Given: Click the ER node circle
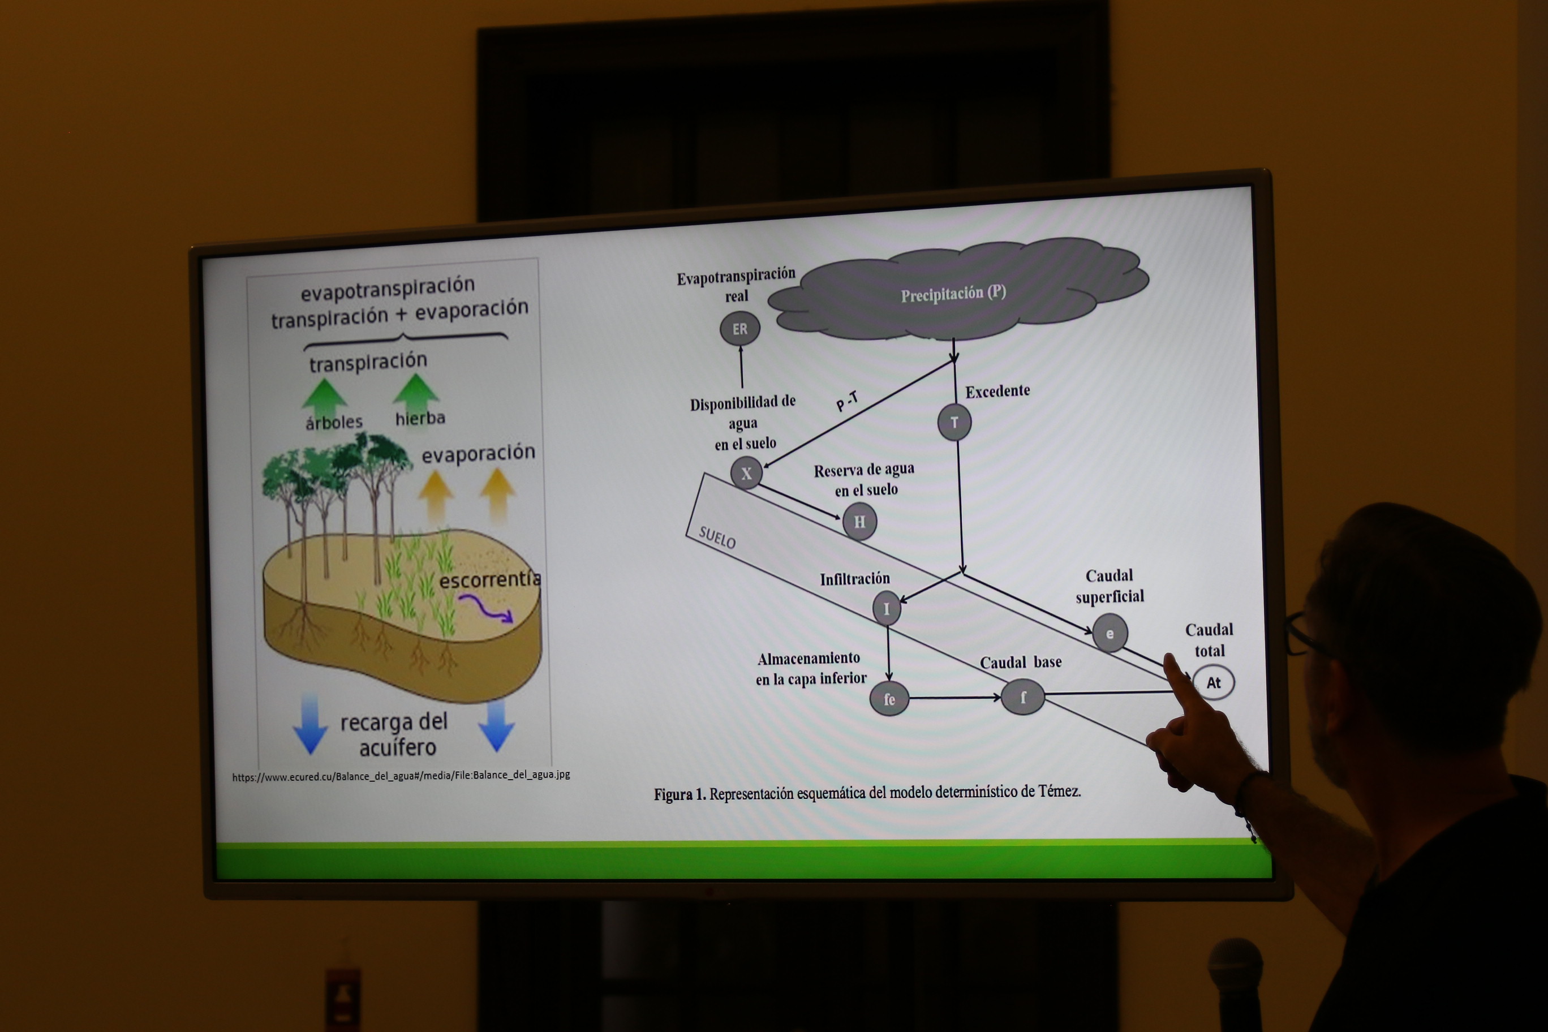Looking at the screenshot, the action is [x=740, y=328].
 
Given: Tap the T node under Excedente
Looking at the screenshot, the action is [x=954, y=422].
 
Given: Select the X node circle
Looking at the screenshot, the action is [x=746, y=472].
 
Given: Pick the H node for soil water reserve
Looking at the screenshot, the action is [x=859, y=521].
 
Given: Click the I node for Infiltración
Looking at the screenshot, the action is [x=887, y=608].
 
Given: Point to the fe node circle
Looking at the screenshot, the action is [x=889, y=698].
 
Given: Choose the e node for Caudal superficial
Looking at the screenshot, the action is [x=1110, y=633].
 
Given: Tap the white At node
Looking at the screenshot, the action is [x=1213, y=682].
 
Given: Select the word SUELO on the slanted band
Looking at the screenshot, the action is [x=717, y=537].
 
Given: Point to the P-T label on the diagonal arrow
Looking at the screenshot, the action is [x=847, y=400].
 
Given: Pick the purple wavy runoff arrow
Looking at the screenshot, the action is [x=485, y=609].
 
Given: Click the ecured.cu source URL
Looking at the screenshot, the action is [x=401, y=775].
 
